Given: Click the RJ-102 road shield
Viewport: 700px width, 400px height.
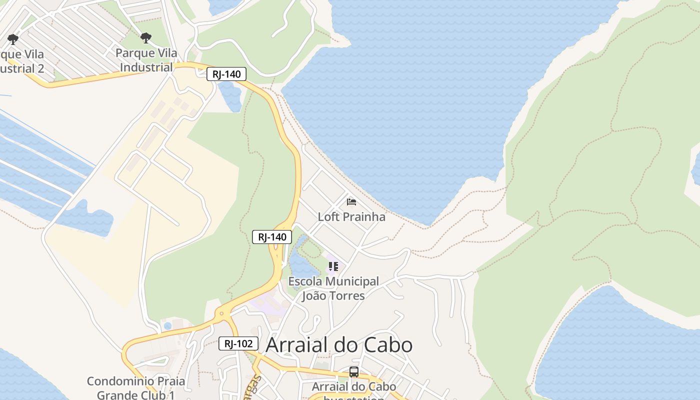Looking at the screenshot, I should click(238, 343).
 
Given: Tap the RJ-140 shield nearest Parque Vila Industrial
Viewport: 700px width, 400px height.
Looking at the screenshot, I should click(226, 74).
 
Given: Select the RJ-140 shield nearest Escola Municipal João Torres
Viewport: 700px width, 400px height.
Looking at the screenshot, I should click(271, 237).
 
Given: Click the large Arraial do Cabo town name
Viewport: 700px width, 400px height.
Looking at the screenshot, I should click(339, 345).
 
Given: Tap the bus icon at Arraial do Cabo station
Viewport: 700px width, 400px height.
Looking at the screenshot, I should click(354, 372).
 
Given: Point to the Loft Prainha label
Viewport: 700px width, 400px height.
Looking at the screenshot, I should click(351, 216).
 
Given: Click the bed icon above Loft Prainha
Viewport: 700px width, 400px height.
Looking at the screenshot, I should click(351, 202).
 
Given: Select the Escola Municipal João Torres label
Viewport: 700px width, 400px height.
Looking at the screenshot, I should click(333, 288).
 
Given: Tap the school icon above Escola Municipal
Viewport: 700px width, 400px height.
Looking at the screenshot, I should click(333, 266).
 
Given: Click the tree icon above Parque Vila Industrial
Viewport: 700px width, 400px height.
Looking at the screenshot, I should click(146, 38).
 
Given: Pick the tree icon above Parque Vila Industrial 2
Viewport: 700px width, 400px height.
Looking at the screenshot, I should click(13, 39).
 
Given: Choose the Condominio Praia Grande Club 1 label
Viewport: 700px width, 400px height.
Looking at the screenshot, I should click(136, 388).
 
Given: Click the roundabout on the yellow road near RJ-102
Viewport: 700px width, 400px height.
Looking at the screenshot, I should click(221, 314).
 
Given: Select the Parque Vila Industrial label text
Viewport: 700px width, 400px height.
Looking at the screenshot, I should click(146, 60).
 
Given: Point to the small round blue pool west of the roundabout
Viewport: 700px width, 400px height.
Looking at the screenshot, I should click(167, 326).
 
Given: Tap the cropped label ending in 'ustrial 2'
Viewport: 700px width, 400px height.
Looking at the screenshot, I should click(22, 61).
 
